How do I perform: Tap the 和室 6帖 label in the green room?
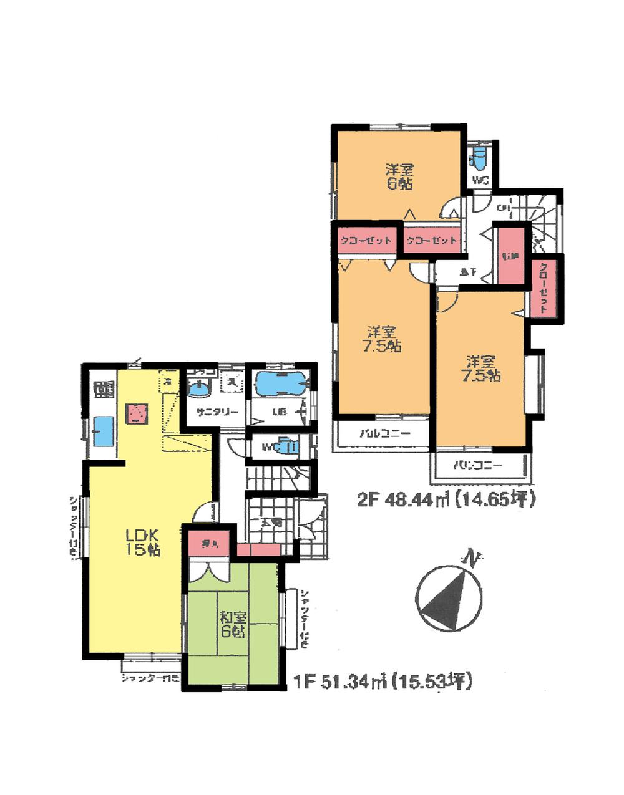pos(232,624)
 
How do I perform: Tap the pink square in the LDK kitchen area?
pos(137,413)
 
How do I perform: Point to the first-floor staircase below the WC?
pos(275,479)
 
